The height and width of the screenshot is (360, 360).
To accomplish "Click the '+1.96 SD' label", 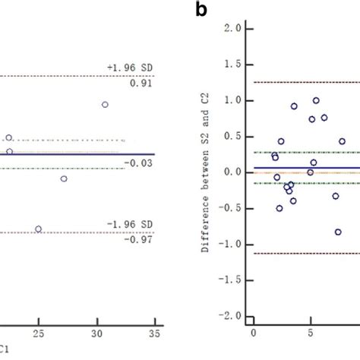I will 125,68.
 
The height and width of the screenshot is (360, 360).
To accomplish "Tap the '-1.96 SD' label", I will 125,226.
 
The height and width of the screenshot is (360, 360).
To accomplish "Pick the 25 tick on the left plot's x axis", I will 38,333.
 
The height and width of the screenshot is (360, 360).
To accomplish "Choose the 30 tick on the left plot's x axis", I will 96,333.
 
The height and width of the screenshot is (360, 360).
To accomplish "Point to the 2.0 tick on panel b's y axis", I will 233,28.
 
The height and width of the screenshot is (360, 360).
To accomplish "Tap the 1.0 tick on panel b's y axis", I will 233,100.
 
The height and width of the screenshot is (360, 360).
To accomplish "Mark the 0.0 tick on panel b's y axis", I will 233,172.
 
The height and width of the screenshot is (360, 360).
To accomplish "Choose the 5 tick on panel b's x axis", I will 311,332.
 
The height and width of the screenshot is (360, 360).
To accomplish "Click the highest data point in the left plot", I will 105,105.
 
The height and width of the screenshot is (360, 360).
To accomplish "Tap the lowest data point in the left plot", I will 39,229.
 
